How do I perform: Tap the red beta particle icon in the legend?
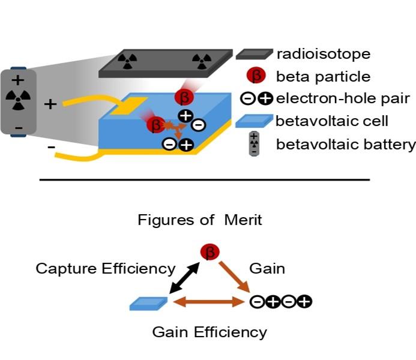pyautogui.click(x=256, y=77)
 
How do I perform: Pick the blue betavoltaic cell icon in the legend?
pyautogui.click(x=255, y=121)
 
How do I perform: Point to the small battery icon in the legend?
pyautogui.click(x=255, y=144)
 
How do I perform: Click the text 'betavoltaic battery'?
pyautogui.click(x=346, y=144)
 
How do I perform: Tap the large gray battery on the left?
pyautogui.click(x=19, y=102)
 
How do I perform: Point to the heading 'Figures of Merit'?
pyautogui.click(x=200, y=220)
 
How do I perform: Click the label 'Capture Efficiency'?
pyautogui.click(x=106, y=268)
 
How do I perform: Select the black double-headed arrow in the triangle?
pyautogui.click(x=184, y=277)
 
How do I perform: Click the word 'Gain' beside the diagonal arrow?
pyautogui.click(x=268, y=268)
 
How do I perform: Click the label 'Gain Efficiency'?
pyautogui.click(x=209, y=332)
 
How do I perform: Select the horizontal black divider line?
pyautogui.click(x=204, y=179)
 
